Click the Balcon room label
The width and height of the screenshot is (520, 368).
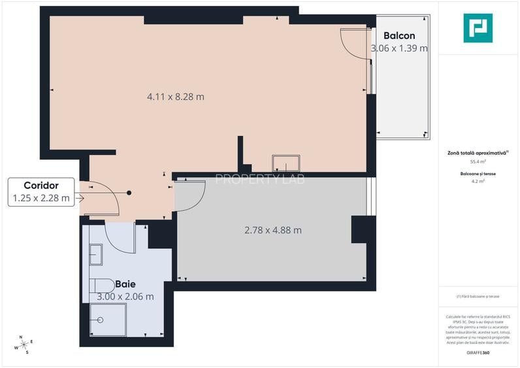(x=398, y=35)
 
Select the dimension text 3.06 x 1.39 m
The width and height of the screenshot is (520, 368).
(x=398, y=48)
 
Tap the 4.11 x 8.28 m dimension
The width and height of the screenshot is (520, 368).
(x=175, y=97)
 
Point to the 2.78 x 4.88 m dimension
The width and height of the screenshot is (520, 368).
(x=272, y=230)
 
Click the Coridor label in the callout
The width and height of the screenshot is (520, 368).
(x=41, y=186)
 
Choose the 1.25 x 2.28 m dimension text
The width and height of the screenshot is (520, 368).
(x=41, y=199)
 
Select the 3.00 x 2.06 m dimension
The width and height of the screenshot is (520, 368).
(x=125, y=296)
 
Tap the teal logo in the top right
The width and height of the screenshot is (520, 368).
(x=478, y=28)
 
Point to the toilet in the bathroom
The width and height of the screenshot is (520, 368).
(x=101, y=286)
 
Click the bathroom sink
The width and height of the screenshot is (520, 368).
(x=95, y=254)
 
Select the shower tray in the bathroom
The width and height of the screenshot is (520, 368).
(x=105, y=320)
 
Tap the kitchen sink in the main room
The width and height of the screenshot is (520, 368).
(x=286, y=163)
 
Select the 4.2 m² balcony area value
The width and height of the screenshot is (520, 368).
(x=478, y=182)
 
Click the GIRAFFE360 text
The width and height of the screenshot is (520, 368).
(x=478, y=353)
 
